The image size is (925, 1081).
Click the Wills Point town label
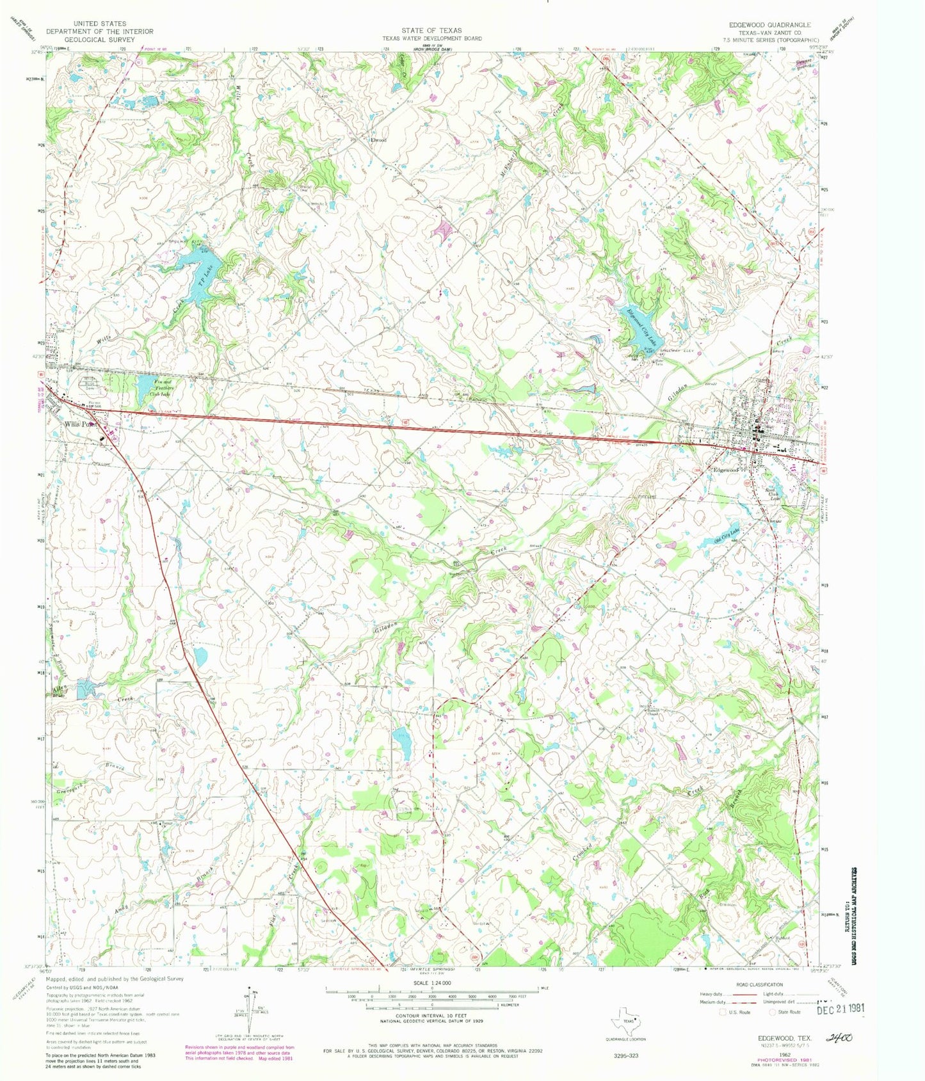[x=80, y=424]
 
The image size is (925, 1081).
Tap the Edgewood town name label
[x=727, y=469]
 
